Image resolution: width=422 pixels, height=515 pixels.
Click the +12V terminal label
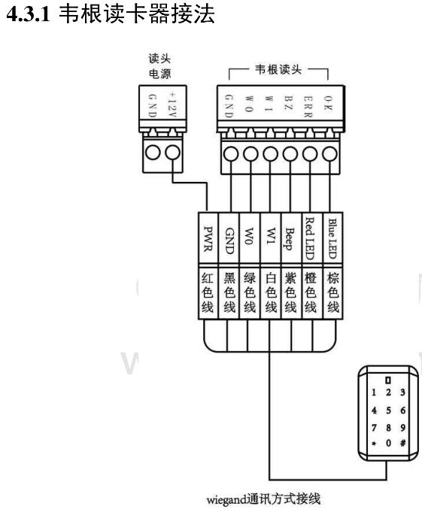(x=172, y=104)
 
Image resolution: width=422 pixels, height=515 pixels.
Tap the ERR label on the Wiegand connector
(x=308, y=107)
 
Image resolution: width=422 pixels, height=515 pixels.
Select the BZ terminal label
(x=288, y=103)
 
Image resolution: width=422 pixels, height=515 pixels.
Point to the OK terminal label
(x=328, y=103)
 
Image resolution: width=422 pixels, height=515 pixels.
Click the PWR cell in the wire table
(x=208, y=239)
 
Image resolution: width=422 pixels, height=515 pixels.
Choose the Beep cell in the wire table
(x=291, y=239)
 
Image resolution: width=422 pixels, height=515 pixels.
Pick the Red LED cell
(x=312, y=239)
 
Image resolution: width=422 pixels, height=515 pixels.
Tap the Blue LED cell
(x=333, y=239)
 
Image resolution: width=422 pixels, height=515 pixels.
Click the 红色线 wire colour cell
(x=208, y=293)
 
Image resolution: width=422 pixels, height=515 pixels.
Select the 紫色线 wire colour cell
(x=291, y=293)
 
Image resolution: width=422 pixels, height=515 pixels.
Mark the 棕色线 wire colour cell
(x=333, y=293)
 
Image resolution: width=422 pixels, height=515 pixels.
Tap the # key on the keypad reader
(x=403, y=443)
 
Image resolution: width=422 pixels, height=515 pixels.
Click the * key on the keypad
(x=374, y=444)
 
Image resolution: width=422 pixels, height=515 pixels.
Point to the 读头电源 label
(x=160, y=66)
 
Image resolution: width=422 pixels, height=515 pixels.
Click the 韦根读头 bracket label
(x=278, y=69)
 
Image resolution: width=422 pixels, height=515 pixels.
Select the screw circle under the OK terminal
(x=329, y=153)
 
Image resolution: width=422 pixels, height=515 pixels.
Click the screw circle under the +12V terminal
(x=172, y=153)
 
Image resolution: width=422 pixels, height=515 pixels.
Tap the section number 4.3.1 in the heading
(x=29, y=14)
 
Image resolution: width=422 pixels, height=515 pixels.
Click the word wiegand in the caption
(x=226, y=499)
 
